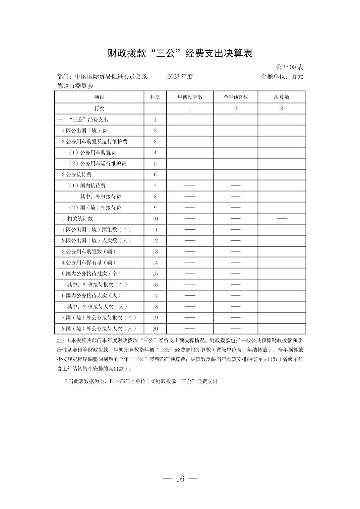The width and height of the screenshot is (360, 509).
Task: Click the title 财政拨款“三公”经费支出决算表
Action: coord(180,53)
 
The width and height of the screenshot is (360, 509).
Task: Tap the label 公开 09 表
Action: coord(290,67)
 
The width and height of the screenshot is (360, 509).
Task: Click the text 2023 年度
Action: coord(180,76)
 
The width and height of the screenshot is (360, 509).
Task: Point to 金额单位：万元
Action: coord(282,76)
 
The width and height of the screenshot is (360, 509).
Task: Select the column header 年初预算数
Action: coord(190,97)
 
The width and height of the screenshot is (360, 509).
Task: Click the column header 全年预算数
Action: coord(236,97)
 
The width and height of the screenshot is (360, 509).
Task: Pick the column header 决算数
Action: coord(282,97)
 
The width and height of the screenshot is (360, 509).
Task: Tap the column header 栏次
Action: coord(155,97)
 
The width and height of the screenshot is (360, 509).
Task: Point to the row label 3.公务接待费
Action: coord(77,174)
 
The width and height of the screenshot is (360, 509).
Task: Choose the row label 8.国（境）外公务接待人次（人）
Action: coord(99,329)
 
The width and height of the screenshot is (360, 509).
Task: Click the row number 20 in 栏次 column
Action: coord(155,329)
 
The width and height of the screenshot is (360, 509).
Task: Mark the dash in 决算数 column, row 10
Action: coord(282,219)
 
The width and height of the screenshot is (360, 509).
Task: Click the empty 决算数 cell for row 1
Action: coord(282,120)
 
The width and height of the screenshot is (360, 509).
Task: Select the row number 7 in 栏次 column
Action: coord(155,186)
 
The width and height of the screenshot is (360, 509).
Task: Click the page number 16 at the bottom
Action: coord(180,479)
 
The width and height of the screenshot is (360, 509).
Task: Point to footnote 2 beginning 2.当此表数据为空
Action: coord(141,381)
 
